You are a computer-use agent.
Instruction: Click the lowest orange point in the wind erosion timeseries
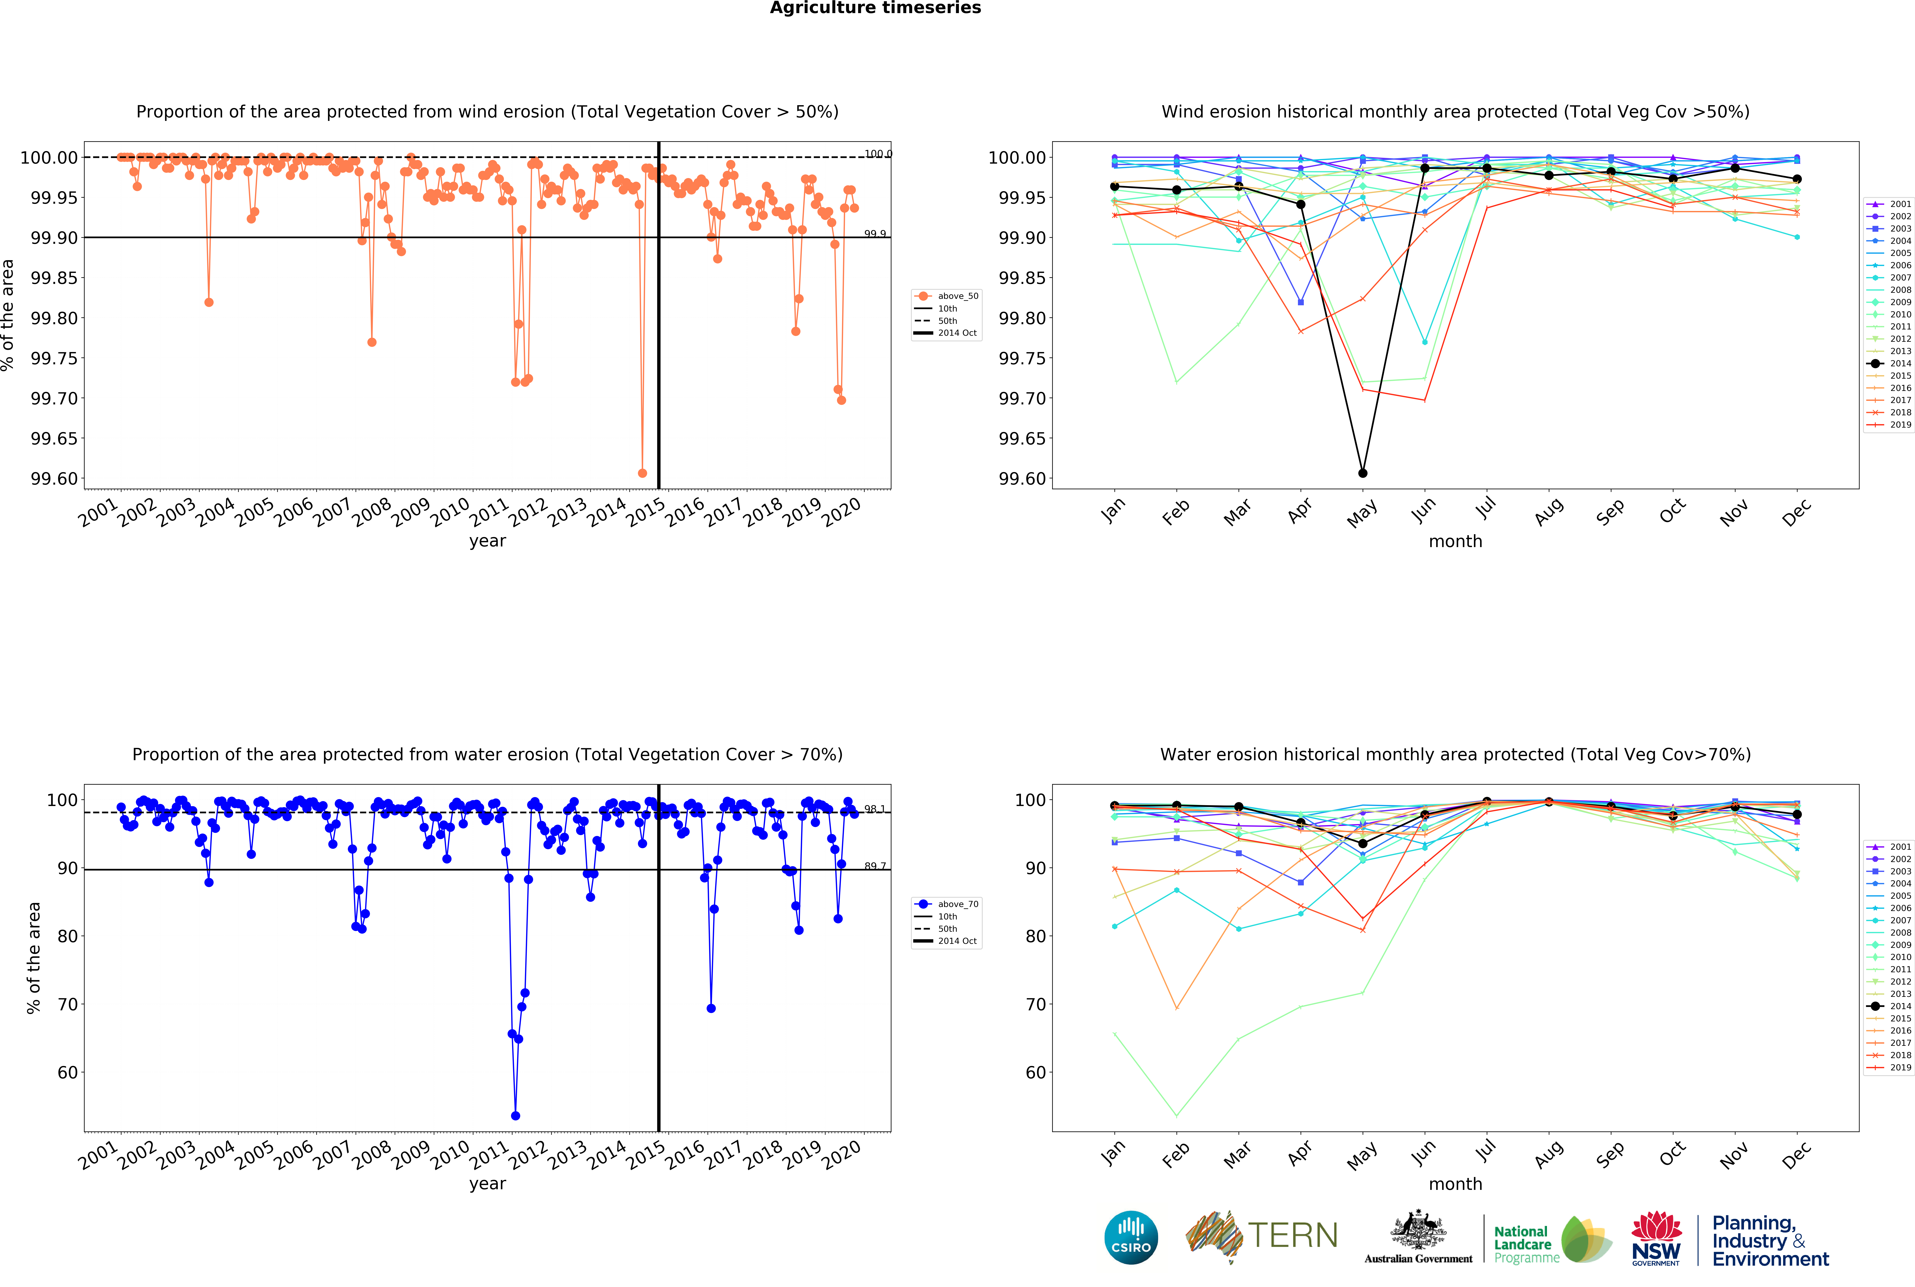(642, 474)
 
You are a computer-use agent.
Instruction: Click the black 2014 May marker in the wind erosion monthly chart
(1363, 474)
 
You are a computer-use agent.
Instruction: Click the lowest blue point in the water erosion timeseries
(515, 1116)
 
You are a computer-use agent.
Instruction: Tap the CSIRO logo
(1131, 1238)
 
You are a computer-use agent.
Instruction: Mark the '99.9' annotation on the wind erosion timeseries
(875, 234)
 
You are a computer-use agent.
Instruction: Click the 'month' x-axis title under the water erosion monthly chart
(1455, 1184)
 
